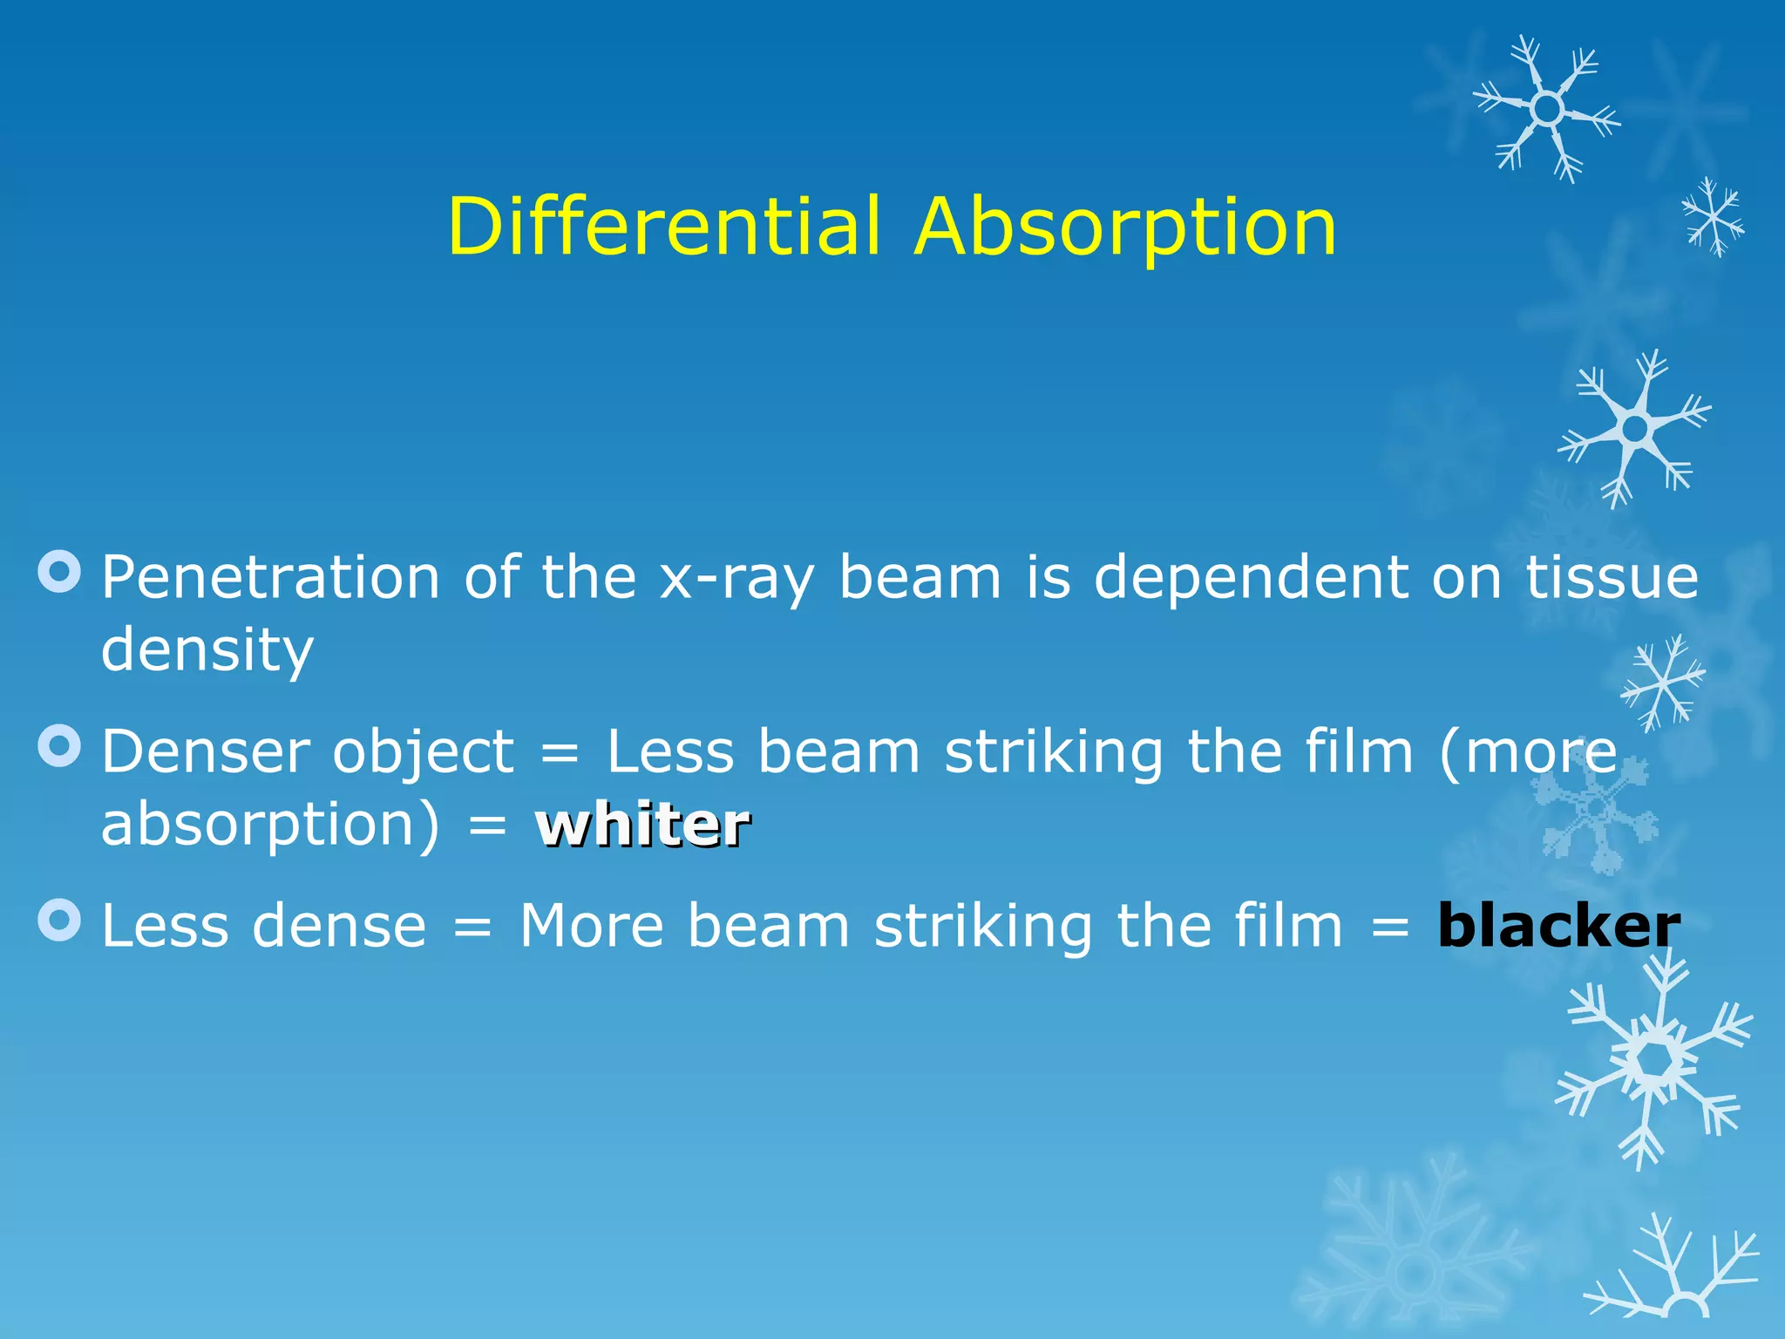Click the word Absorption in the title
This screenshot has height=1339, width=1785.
(x=1125, y=228)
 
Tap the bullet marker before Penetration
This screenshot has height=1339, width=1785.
(x=60, y=572)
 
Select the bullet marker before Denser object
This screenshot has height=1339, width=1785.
(x=60, y=745)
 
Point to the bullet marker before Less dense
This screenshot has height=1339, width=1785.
(x=60, y=920)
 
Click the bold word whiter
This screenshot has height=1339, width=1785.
(x=643, y=825)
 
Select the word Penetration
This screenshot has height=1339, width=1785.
(x=270, y=578)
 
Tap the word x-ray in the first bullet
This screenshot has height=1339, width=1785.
(x=737, y=580)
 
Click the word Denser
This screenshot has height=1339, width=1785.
(x=205, y=751)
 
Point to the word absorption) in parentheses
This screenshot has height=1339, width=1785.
(x=271, y=826)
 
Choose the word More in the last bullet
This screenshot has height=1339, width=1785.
(x=592, y=926)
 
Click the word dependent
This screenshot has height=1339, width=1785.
(x=1250, y=578)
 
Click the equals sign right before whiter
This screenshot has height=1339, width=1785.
(x=487, y=826)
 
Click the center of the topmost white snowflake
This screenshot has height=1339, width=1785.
(x=1547, y=109)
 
